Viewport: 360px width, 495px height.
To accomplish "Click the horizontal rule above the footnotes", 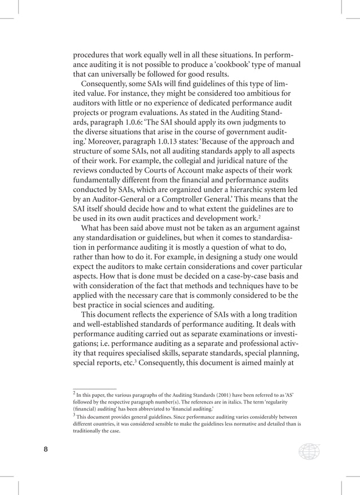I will point(95,388).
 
